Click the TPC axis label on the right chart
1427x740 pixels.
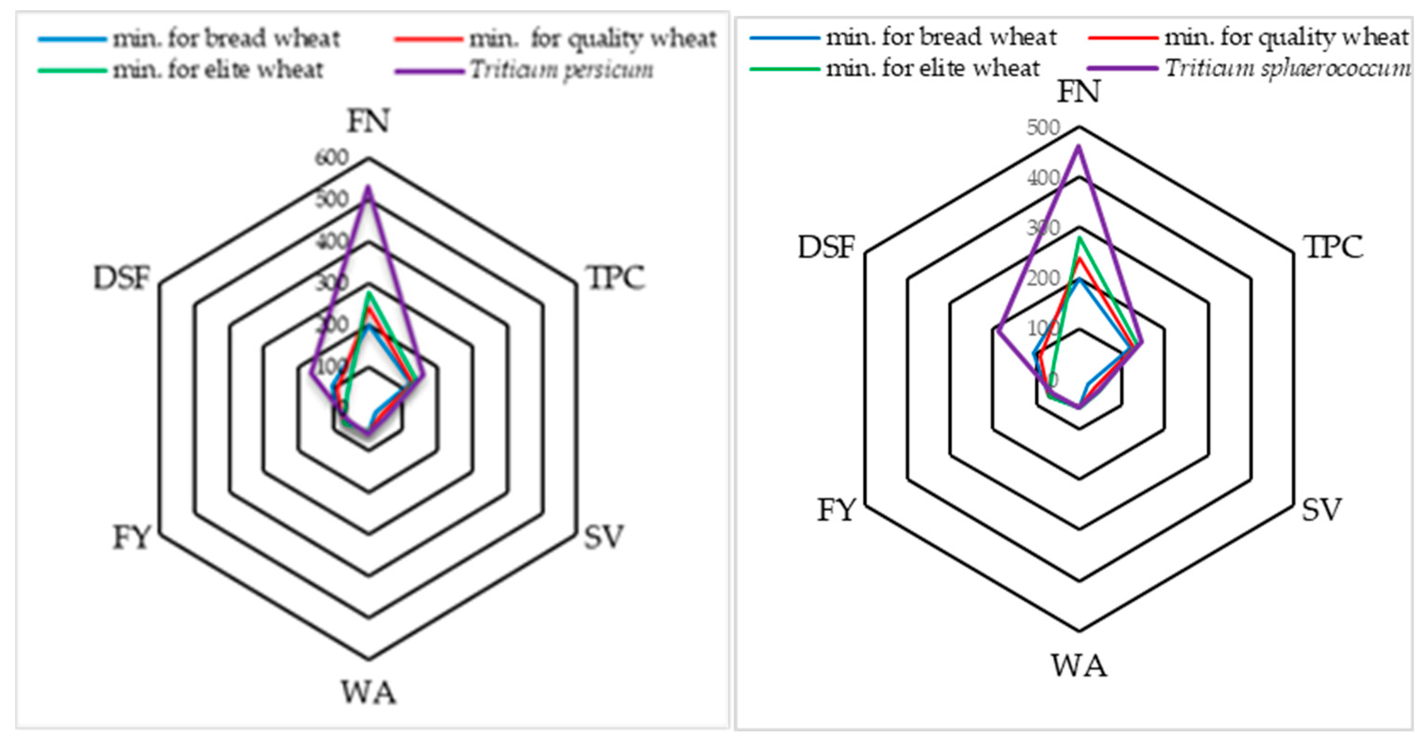1335,247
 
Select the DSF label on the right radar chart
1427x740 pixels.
826,247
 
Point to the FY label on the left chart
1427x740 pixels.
132,538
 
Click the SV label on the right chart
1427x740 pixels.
1322,510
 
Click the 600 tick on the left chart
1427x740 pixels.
332,158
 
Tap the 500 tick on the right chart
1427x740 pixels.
1043,128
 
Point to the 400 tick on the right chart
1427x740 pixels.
1043,178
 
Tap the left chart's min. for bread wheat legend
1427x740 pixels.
226,39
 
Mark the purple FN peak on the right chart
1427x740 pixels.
1079,146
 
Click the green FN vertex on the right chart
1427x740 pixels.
1079,238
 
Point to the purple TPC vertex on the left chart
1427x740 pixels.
424,375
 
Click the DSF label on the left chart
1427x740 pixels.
121,278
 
